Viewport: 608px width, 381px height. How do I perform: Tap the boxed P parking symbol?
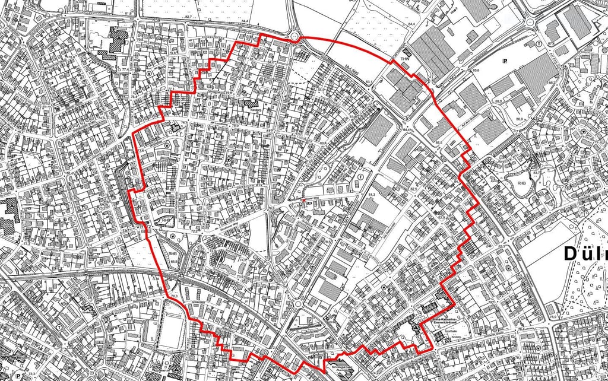point(505,61)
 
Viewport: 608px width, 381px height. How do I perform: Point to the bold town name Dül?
point(585,253)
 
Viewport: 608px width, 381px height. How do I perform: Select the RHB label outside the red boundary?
point(522,184)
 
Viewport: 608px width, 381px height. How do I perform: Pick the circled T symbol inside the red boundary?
point(360,177)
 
